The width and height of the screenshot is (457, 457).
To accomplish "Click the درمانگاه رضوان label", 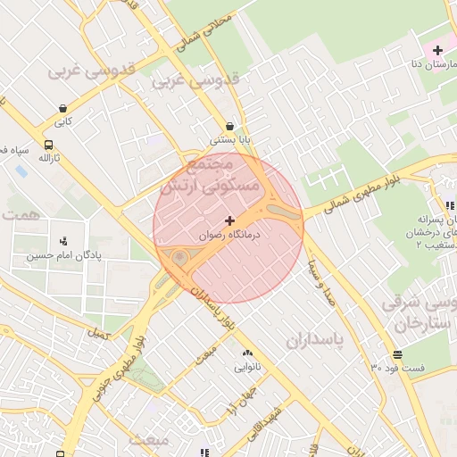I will pyautogui.click(x=230, y=234).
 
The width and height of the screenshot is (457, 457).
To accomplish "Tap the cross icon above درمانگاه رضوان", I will pyautogui.click(x=230, y=220).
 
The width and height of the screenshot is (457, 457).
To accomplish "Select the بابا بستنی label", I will pyautogui.click(x=231, y=140).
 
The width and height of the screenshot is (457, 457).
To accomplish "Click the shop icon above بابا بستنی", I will pyautogui.click(x=231, y=126).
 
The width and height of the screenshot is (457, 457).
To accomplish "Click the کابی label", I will pyautogui.click(x=62, y=120).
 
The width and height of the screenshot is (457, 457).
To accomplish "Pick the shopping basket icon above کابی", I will pyautogui.click(x=62, y=106).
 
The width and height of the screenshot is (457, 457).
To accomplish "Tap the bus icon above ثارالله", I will pyautogui.click(x=47, y=144).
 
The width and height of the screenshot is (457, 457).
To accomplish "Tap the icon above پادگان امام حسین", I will pyautogui.click(x=62, y=240).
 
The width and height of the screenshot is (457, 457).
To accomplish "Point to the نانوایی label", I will pyautogui.click(x=246, y=366).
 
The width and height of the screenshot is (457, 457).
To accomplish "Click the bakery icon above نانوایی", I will pyautogui.click(x=246, y=352).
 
